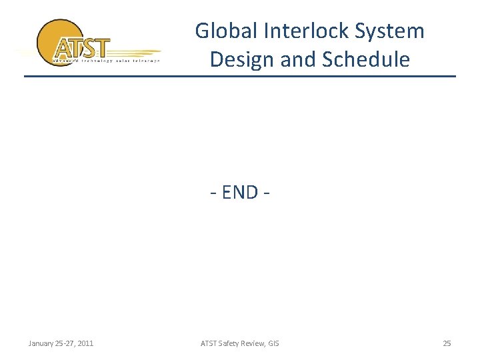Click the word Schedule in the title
point(366,59)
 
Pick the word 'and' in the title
point(298,59)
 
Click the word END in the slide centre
point(240,192)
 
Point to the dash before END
point(213,193)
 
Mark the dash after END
point(267,193)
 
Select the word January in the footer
point(42,343)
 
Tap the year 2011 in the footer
point(85,343)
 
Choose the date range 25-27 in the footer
point(65,343)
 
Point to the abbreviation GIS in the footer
point(274,343)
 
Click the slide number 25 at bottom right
point(447,343)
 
